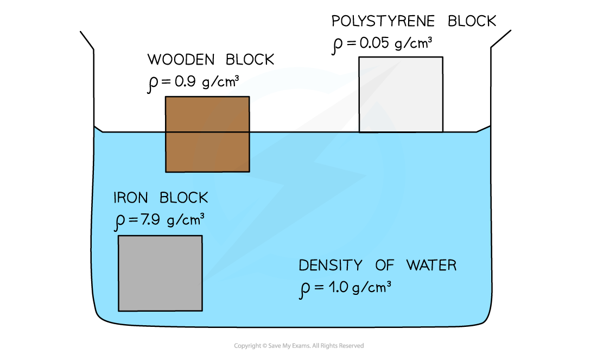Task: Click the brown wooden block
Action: point(207,134)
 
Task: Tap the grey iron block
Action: point(160,273)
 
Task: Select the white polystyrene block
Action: point(401,94)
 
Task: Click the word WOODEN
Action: point(181,59)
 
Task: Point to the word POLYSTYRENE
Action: point(383,21)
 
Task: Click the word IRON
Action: point(131,198)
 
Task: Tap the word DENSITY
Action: point(331,265)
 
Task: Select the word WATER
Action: point(431,265)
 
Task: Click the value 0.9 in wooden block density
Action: point(185,81)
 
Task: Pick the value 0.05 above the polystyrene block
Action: point(374,43)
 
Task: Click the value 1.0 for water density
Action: point(338,287)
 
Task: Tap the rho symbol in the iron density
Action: point(119,222)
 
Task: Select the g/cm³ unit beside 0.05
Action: point(414,43)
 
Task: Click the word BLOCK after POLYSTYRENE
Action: point(472,21)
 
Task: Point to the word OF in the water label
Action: point(385,265)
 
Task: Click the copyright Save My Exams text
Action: point(299,345)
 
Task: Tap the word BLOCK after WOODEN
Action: point(250,59)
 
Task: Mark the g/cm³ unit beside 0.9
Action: point(220,81)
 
